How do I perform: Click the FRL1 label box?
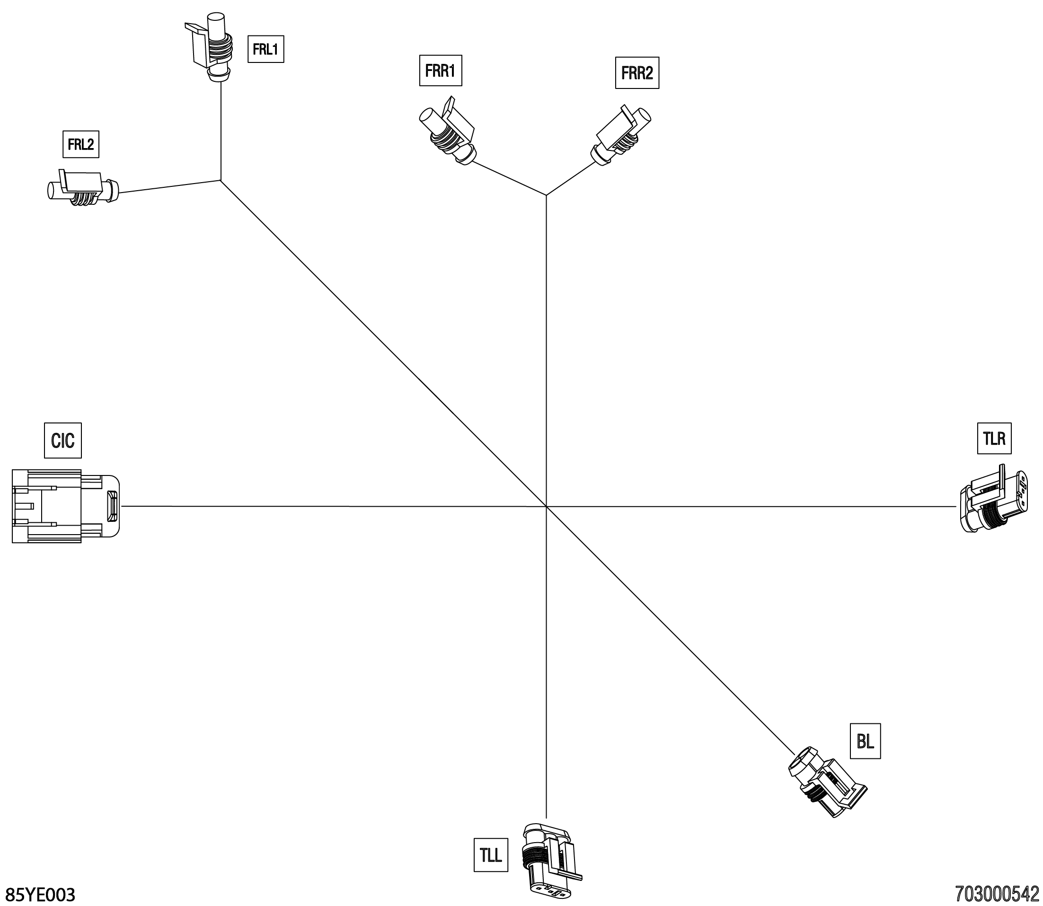pos(265,49)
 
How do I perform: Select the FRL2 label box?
pos(80,145)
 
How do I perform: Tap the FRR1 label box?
pos(441,71)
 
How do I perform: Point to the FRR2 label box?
pos(636,74)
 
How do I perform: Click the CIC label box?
pos(62,440)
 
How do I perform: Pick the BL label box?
pos(865,742)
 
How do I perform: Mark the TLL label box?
pos(490,855)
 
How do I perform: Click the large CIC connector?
pos(65,506)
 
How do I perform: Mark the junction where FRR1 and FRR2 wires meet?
pos(546,195)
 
